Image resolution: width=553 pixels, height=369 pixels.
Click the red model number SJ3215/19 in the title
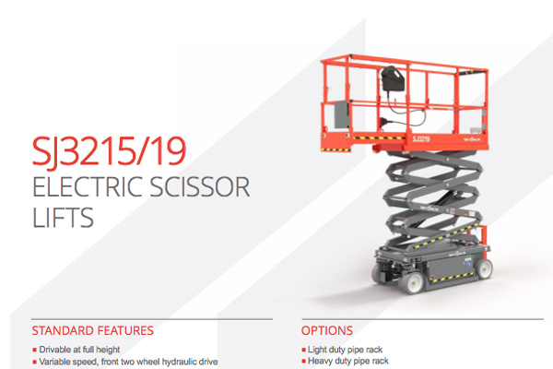(x=109, y=151)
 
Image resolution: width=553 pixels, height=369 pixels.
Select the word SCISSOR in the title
(x=200, y=186)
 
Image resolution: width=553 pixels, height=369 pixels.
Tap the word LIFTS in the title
(x=63, y=217)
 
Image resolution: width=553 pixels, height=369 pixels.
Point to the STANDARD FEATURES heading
(x=92, y=330)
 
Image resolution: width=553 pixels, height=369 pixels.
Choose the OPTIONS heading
(x=326, y=330)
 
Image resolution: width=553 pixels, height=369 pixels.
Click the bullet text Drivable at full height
(x=79, y=350)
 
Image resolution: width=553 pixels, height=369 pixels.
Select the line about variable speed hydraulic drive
(x=128, y=362)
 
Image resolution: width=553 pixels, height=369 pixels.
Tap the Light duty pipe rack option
(x=345, y=350)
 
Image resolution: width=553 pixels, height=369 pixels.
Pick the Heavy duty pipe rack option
(x=348, y=361)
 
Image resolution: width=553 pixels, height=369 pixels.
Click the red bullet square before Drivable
(x=35, y=350)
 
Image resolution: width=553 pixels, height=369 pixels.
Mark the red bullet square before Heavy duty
(x=303, y=362)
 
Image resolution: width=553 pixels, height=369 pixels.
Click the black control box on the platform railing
(x=392, y=78)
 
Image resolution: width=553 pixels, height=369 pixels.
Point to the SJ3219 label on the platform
(x=421, y=138)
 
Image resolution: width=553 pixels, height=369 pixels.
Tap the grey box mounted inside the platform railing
(x=341, y=114)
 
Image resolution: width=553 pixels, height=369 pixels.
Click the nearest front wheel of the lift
(x=411, y=281)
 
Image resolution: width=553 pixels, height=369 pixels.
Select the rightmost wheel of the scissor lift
(x=484, y=268)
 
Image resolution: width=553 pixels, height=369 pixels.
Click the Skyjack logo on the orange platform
(x=472, y=139)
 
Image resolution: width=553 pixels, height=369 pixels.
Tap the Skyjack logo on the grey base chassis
(x=457, y=254)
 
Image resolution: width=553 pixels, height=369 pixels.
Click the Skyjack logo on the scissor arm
(x=429, y=208)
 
